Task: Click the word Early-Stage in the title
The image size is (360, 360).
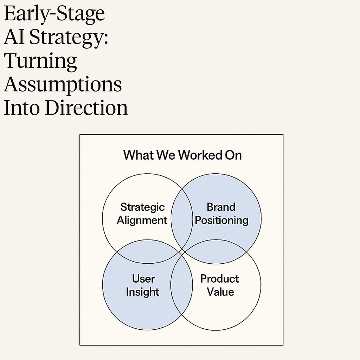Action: point(54,14)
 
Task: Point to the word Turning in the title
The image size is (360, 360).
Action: point(40,61)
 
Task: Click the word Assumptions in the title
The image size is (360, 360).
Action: point(63,84)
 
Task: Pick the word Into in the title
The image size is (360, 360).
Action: point(22,108)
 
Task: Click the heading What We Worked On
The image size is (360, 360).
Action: point(182,155)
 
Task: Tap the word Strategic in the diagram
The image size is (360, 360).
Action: point(142,207)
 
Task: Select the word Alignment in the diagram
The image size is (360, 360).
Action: point(142,220)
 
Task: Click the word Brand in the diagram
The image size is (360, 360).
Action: point(221,207)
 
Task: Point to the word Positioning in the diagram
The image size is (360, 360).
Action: point(221,220)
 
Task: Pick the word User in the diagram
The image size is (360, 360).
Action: point(143,279)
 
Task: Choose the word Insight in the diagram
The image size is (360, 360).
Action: point(142,292)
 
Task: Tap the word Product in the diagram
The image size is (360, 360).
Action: point(220,279)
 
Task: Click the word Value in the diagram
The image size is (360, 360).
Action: point(220,292)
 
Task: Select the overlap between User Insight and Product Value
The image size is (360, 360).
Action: point(182,285)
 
